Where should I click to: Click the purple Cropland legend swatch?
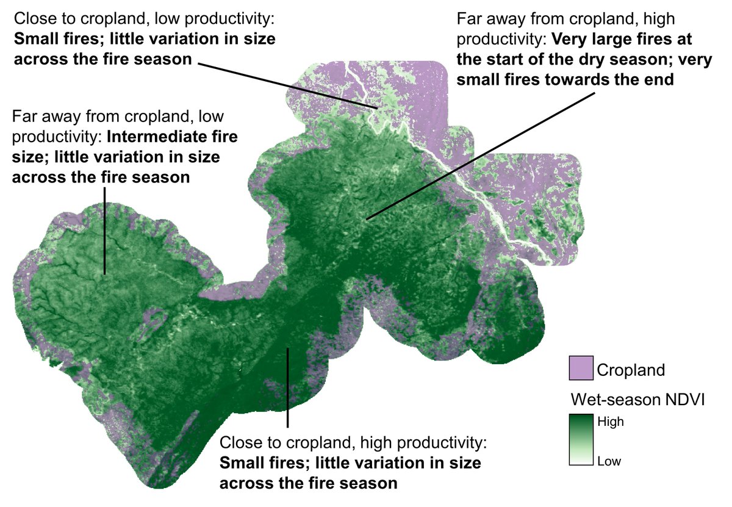click(x=580, y=369)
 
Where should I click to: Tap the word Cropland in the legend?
click(x=631, y=370)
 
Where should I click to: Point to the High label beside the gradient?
click(x=610, y=421)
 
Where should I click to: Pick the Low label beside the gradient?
click(x=609, y=461)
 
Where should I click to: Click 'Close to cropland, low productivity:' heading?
click(x=145, y=20)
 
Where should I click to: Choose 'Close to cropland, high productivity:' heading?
click(x=354, y=442)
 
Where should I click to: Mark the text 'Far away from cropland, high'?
click(x=565, y=19)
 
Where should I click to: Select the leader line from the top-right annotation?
click(x=482, y=153)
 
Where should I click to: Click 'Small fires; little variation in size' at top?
click(x=144, y=40)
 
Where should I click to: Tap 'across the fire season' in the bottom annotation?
click(x=308, y=483)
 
